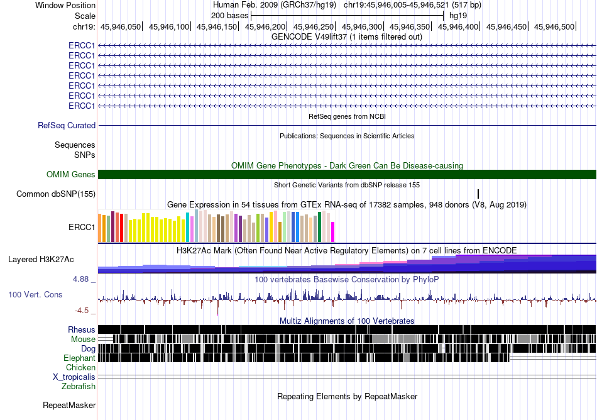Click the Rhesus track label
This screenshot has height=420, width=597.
82,329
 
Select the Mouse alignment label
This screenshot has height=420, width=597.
83,340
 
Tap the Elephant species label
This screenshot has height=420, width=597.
79,358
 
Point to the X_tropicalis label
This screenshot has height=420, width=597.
74,377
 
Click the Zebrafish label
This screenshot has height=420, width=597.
79,387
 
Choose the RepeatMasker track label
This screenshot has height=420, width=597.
69,405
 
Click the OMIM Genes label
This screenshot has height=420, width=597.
71,174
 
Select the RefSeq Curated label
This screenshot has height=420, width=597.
67,125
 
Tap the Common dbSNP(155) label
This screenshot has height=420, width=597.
56,194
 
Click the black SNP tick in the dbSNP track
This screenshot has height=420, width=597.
478,194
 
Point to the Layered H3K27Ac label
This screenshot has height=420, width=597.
41,260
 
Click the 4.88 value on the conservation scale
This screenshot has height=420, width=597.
80,279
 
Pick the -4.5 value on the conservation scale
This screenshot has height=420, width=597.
82,311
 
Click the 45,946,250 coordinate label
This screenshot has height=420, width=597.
314,26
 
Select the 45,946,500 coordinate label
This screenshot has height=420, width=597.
554,26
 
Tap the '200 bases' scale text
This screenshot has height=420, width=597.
229,16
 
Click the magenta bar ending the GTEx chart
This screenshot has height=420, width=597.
333,232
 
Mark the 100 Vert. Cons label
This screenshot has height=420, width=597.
35,295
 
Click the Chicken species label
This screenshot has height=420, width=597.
80,367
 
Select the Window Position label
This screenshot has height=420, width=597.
65,5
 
